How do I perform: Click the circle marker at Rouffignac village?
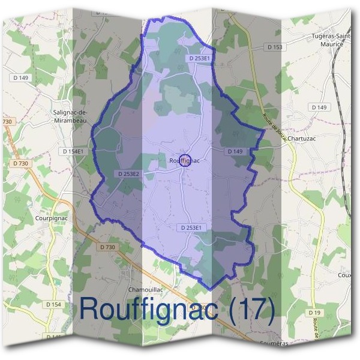(x=185, y=160)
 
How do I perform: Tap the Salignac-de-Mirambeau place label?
(x=71, y=116)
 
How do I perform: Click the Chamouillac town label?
(x=145, y=289)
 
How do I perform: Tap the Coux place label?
(x=344, y=275)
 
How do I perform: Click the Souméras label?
(x=274, y=343)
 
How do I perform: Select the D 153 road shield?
(x=275, y=47)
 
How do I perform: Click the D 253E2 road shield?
(x=127, y=174)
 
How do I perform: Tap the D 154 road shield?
(x=53, y=305)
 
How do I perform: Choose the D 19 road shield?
(x=315, y=313)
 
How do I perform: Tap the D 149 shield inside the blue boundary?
(x=235, y=152)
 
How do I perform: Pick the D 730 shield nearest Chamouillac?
(x=107, y=247)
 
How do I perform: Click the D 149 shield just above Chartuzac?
(x=320, y=107)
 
